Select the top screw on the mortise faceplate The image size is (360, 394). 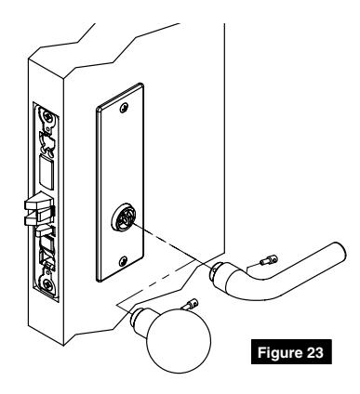point(46,116)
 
